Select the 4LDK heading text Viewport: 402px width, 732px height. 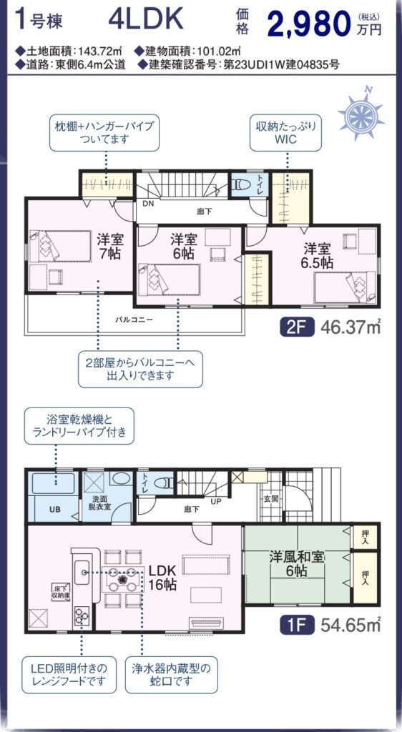[x=145, y=20]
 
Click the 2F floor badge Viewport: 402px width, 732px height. [x=298, y=327]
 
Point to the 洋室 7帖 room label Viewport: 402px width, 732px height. [x=110, y=247]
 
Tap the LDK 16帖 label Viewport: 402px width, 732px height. [x=162, y=577]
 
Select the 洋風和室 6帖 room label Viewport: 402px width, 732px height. [x=296, y=563]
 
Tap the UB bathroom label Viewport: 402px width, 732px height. [x=54, y=509]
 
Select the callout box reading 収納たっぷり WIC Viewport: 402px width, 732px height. [x=285, y=132]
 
